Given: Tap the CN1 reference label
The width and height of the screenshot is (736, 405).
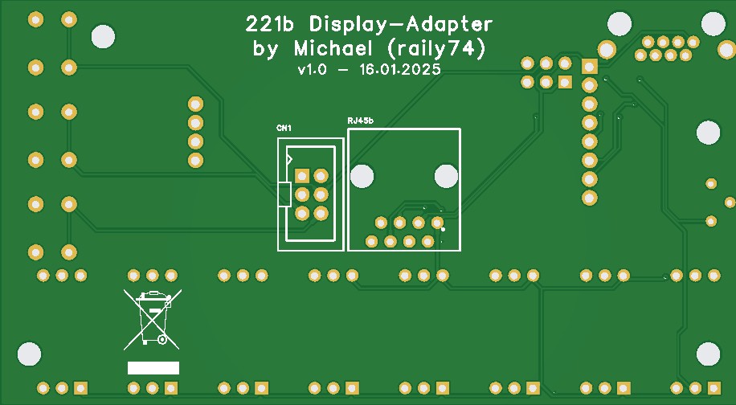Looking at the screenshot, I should (284, 129).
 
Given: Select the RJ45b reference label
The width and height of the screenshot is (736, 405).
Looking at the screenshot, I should (361, 121).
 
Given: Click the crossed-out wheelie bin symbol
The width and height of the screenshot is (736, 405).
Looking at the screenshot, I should (151, 319).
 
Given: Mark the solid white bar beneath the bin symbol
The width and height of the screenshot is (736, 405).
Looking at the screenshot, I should (153, 368).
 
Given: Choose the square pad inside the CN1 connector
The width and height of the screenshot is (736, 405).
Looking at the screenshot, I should (302, 175).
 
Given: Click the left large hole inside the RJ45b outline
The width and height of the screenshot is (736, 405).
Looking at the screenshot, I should (362, 175).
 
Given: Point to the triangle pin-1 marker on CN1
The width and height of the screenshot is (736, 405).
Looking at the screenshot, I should (289, 160).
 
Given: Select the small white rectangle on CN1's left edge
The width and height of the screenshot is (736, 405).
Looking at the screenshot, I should (284, 194).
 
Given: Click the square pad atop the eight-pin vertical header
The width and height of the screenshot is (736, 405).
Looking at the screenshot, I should (589, 67).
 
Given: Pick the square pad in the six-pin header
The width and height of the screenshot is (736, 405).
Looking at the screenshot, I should (565, 81).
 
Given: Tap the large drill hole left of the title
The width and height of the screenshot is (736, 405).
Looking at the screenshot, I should (104, 35).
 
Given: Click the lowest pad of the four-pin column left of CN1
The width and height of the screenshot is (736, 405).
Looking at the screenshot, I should (195, 160).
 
